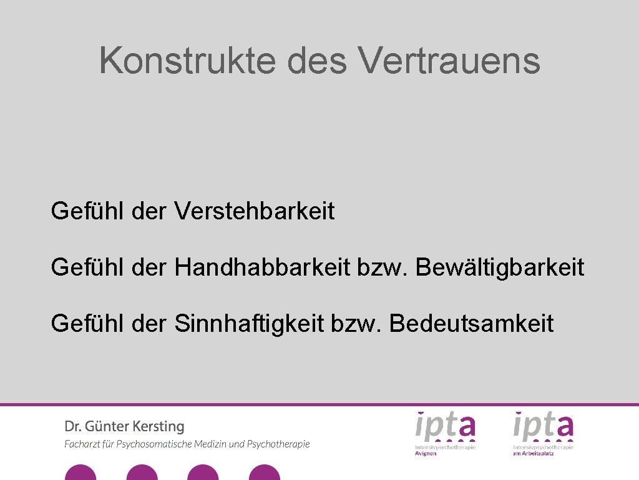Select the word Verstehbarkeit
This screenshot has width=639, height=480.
(x=255, y=211)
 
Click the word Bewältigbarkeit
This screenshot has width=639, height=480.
(x=500, y=267)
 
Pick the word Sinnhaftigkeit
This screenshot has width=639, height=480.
(x=249, y=324)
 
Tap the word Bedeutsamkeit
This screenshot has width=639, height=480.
(x=471, y=324)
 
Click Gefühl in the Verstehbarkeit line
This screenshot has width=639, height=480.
(x=88, y=211)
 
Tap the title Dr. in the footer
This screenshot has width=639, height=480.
(x=72, y=427)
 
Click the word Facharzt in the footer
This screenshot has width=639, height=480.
(x=85, y=444)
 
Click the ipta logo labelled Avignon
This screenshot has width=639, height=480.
(x=446, y=431)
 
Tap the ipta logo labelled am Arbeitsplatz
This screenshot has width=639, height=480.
(x=543, y=431)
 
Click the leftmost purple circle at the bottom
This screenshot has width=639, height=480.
(x=80, y=473)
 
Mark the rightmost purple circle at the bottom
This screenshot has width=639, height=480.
(x=265, y=473)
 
